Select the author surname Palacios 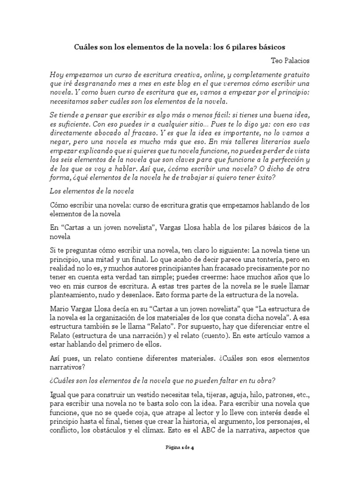point(296,61)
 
